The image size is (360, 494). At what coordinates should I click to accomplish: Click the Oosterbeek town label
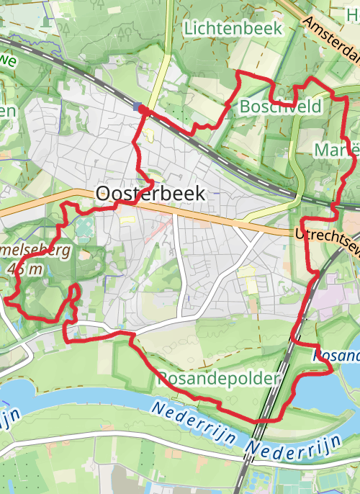click(150, 193)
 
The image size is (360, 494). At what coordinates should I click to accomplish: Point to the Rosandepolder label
click(217, 378)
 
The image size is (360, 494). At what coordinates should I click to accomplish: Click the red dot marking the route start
click(143, 109)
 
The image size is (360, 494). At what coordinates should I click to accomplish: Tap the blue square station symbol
click(137, 107)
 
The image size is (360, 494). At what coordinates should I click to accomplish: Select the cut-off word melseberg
click(37, 252)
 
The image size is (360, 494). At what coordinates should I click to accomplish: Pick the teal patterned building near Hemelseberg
click(84, 230)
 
